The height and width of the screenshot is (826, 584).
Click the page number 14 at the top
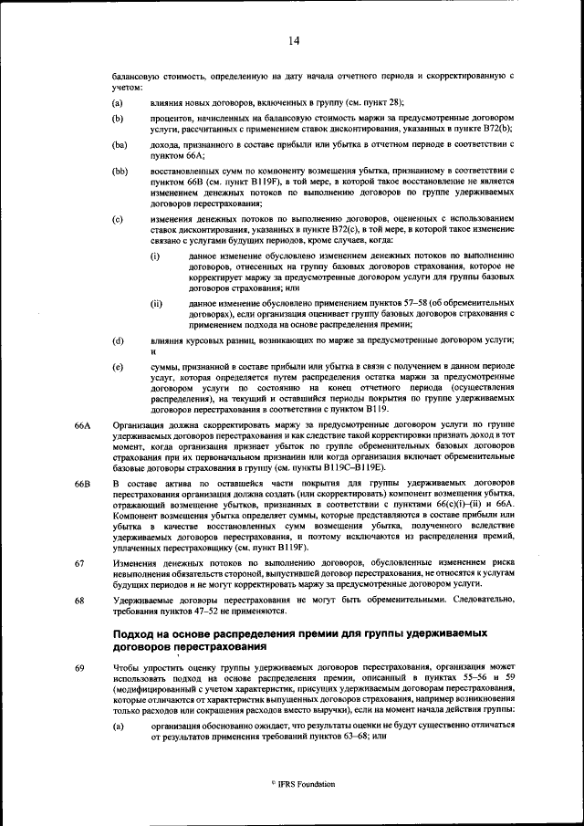pos(294,40)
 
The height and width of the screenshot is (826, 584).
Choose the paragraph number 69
pos(79,668)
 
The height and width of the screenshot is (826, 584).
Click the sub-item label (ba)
pos(120,145)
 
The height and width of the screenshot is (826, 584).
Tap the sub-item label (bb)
pos(120,172)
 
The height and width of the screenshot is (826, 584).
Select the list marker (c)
pos(118,219)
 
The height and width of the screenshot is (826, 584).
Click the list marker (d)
pos(118,340)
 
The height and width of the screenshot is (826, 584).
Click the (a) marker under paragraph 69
pos(118,725)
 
